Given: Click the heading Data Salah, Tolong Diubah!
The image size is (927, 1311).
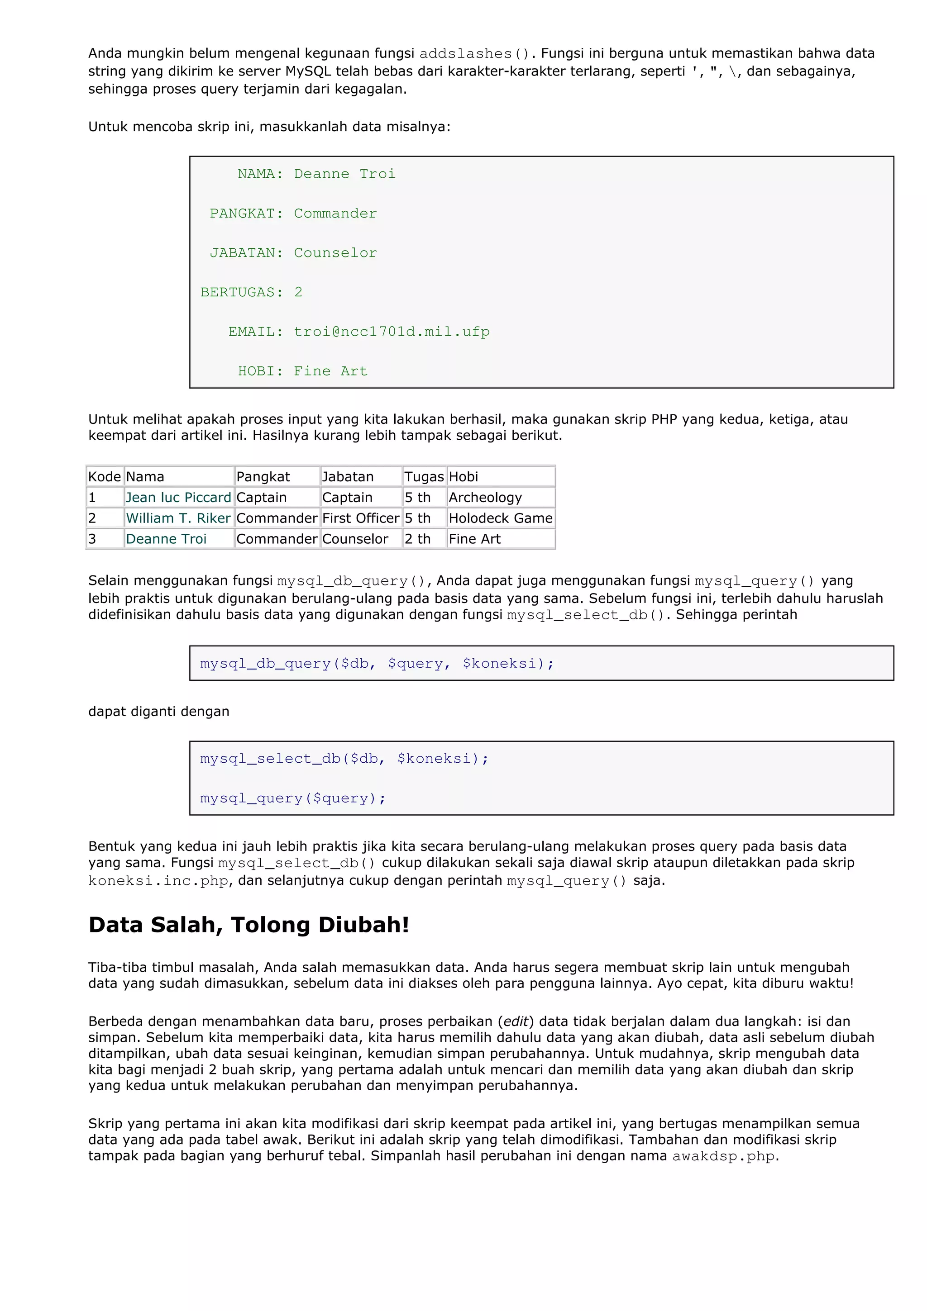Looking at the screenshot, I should pos(248,924).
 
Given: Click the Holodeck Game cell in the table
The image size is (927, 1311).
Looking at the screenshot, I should pos(500,518).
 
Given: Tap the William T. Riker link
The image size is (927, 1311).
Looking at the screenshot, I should pos(178,518).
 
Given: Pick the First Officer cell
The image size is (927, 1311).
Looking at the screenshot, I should pos(360,518).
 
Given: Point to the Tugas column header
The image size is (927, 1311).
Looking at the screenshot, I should pos(424,477).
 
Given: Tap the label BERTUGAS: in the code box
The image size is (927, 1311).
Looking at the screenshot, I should pos(242,292).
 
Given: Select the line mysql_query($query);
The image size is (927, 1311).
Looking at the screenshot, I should pos(292,798).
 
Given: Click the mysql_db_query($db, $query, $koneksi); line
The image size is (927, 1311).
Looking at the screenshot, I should pos(377,664).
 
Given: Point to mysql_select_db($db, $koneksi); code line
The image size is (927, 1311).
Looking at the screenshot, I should pos(344,759).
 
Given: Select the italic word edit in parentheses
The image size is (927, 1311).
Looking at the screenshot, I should pos(515,1021).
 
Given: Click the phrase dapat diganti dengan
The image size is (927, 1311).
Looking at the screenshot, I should pos(158,712).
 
